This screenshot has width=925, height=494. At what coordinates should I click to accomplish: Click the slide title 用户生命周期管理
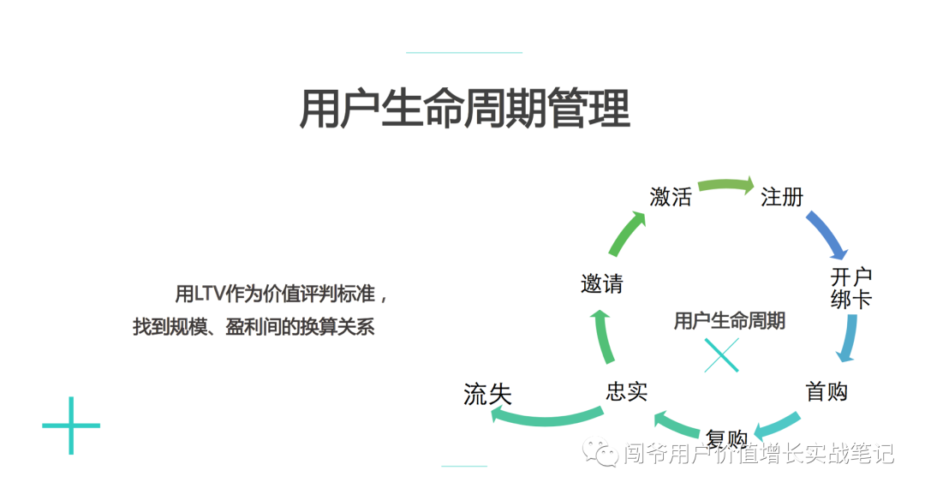464,110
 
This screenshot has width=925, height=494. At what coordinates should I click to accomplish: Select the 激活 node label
671,196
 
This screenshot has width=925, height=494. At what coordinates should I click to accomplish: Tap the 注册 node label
782,196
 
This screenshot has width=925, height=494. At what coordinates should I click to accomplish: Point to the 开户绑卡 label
851,288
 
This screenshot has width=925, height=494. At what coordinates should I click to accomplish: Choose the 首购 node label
827,391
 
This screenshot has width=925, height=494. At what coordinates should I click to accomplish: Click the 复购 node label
726,437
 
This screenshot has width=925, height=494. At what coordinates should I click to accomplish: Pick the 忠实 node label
626,391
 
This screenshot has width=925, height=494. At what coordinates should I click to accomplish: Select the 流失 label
487,394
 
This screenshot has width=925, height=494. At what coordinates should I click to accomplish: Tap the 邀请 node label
602,284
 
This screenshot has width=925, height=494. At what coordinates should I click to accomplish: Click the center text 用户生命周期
729,321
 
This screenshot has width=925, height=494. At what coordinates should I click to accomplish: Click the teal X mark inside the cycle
721,354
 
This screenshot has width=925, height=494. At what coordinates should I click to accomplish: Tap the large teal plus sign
71,426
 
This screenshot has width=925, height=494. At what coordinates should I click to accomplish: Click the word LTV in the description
211,295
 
